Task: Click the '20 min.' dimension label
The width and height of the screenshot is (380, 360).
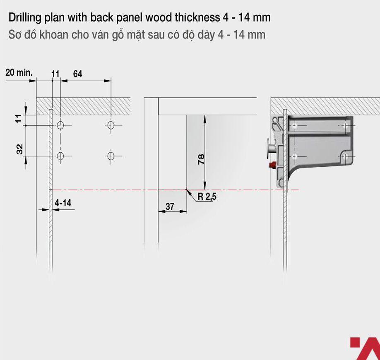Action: pyautogui.click(x=19, y=72)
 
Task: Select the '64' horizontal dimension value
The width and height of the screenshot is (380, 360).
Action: pyautogui.click(x=77, y=74)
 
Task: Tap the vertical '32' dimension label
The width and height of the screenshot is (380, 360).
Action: pyautogui.click(x=19, y=149)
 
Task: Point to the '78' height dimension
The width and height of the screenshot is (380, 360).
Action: pyautogui.click(x=201, y=159)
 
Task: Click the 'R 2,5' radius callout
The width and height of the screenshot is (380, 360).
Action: pyautogui.click(x=207, y=197)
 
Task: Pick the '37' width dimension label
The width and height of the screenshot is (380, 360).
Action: pyautogui.click(x=170, y=206)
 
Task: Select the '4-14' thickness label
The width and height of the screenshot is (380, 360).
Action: pyautogui.click(x=63, y=203)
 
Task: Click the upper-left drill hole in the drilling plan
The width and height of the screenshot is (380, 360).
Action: pyautogui.click(x=60, y=125)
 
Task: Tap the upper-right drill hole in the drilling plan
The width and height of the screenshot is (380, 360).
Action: pyautogui.click(x=111, y=125)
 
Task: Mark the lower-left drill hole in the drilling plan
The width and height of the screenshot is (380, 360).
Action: pyautogui.click(x=60, y=156)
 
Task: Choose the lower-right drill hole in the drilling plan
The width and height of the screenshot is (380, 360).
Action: pyautogui.click(x=111, y=156)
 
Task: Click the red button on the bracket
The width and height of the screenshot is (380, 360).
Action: pyautogui.click(x=273, y=165)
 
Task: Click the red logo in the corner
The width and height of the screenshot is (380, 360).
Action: pyautogui.click(x=365, y=348)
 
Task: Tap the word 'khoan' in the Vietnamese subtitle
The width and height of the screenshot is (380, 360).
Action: pyautogui.click(x=54, y=35)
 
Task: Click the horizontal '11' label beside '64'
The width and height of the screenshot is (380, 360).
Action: pyautogui.click(x=55, y=74)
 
